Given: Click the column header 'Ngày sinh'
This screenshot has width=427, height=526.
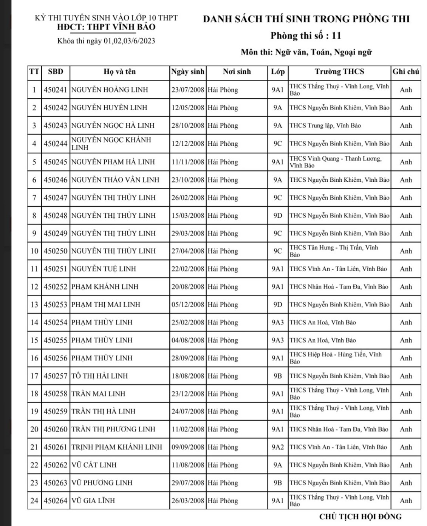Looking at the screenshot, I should click(188, 72).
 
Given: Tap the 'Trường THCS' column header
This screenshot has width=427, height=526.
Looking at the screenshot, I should click(339, 72).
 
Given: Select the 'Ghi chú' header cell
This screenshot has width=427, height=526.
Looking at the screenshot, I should click(406, 72).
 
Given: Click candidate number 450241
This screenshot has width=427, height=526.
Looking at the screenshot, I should click(55, 90).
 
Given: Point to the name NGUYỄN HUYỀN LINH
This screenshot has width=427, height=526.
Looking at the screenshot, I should click(109, 108).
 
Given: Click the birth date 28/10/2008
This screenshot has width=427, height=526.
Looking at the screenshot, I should click(188, 125).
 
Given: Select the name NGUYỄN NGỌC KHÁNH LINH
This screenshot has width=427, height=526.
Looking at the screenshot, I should click(111, 144).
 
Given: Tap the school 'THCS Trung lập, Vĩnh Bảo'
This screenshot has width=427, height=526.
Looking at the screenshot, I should click(325, 125).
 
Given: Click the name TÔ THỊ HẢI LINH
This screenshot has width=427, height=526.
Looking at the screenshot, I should click(100, 376).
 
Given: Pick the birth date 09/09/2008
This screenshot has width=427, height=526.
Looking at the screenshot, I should click(188, 447).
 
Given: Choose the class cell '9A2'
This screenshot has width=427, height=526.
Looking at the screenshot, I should click(277, 447).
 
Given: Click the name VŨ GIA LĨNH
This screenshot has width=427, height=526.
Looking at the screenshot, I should click(93, 501).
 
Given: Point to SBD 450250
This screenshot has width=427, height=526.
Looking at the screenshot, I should click(55, 251).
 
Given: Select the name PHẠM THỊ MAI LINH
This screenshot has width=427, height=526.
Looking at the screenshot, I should click(106, 305).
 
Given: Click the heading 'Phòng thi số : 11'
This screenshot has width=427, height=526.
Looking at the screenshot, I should click(306, 36).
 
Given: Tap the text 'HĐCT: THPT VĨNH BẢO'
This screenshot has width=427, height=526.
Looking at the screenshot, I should click(106, 27).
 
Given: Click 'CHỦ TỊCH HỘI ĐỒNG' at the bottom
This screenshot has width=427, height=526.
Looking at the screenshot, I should click(360, 517).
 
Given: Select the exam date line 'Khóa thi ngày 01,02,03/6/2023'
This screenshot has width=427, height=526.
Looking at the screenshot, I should click(106, 41).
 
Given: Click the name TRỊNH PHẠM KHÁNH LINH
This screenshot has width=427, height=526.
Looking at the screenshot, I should click(117, 447).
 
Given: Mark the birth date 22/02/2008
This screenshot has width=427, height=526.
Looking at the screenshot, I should click(188, 269).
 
